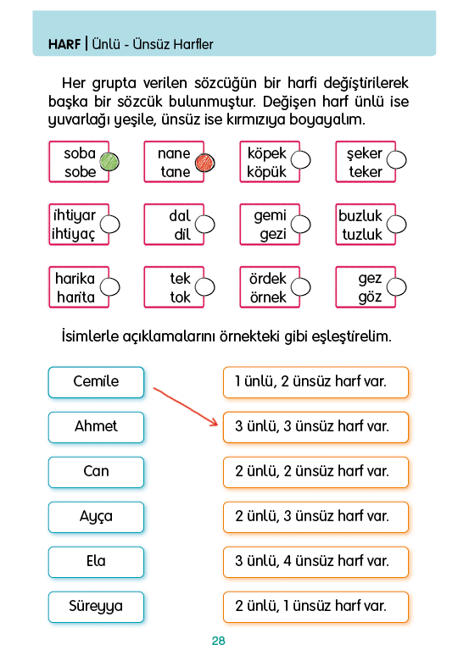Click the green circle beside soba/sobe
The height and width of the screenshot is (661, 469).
[109, 162]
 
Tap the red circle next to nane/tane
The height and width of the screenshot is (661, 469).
[205, 163]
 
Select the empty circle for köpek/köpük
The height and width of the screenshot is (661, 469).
[301, 160]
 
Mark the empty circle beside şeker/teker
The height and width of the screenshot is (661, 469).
[396, 160]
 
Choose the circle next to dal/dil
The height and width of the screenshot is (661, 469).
[205, 225]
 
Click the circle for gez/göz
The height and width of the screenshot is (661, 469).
[396, 287]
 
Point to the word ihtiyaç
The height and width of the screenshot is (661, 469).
[74, 235]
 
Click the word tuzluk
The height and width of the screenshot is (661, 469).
[362, 234]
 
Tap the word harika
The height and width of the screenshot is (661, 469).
[75, 278]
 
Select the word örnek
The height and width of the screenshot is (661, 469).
[268, 297]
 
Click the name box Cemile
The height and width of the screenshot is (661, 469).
[96, 382]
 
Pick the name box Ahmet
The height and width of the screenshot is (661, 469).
[96, 427]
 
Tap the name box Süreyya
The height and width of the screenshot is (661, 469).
[96, 607]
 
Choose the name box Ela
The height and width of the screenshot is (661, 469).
[96, 562]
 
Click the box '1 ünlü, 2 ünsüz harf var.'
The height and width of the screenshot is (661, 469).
[315, 382]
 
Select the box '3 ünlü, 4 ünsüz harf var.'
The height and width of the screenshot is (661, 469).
[315, 562]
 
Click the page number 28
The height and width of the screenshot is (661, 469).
[219, 641]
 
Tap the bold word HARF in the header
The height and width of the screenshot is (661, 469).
[64, 44]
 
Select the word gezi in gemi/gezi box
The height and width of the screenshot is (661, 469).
[273, 235]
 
